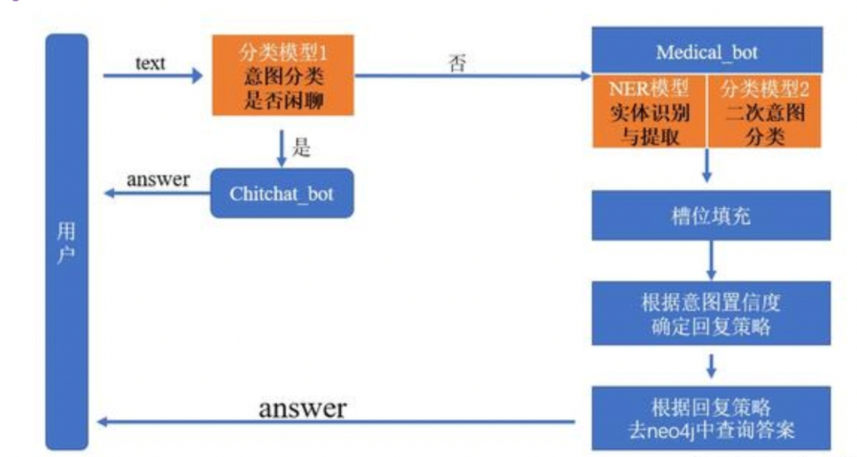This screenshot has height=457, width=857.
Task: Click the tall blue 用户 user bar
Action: [66, 241]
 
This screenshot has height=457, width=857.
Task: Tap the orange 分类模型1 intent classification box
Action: [283, 75]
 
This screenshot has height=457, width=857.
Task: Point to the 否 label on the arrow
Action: [457, 65]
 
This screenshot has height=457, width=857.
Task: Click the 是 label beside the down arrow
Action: [301, 148]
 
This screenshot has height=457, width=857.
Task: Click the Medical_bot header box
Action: [706, 50]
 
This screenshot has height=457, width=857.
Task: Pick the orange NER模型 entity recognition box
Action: [649, 111]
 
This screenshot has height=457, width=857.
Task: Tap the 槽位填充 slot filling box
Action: [710, 216]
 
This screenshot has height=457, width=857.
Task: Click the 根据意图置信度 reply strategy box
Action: [710, 314]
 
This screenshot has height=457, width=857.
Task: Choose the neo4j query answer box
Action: [710, 417]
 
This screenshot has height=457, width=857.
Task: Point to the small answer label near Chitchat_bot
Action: [158, 180]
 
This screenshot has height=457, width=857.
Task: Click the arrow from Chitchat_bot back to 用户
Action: [158, 194]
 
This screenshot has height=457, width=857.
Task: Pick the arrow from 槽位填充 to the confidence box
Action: [711, 260]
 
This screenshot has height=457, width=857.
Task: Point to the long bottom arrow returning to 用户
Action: [335, 422]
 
